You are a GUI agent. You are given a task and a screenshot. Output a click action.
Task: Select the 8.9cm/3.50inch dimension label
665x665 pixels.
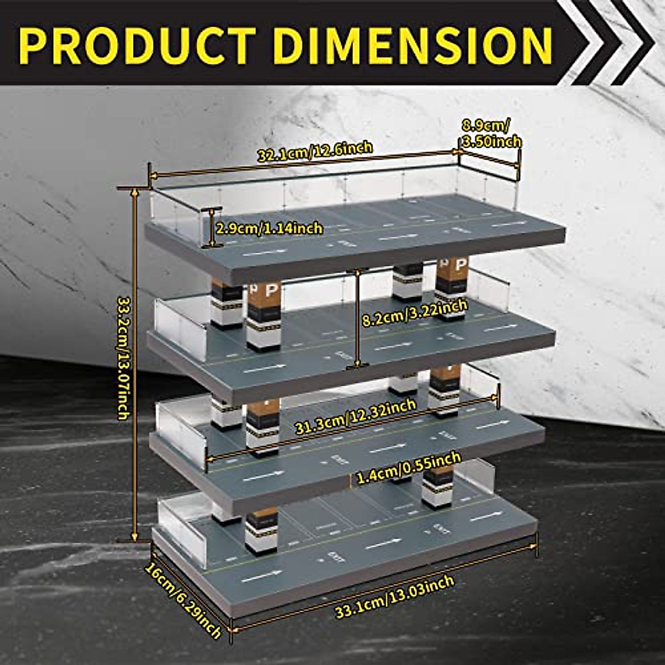point(491,134)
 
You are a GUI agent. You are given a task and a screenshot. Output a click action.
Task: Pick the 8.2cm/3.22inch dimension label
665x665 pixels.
point(415,314)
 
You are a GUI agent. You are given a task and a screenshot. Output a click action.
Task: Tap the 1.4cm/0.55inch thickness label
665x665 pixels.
point(409,469)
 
